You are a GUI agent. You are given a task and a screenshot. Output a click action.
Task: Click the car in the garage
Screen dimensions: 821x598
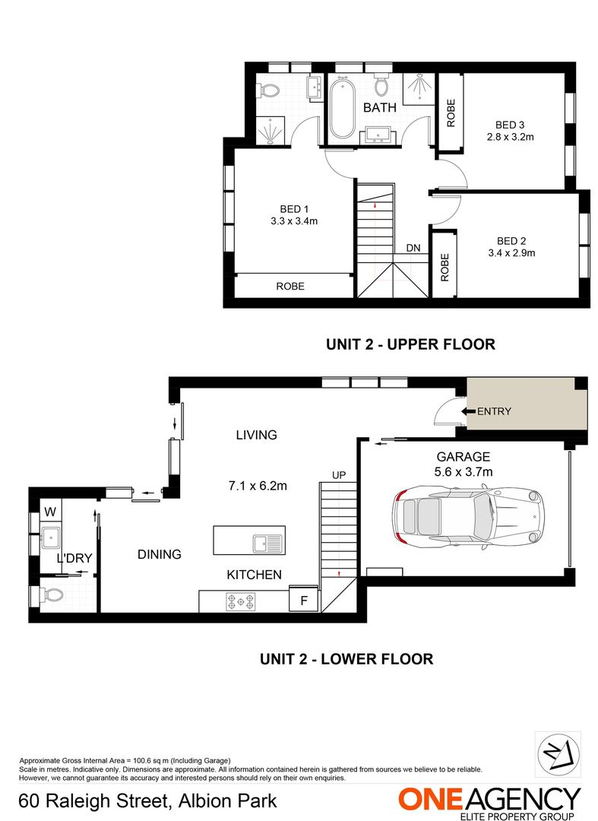469,516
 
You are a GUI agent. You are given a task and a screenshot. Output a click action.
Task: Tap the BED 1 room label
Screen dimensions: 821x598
294,209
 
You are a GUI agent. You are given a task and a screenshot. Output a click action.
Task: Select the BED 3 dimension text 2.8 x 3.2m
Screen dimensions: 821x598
510,138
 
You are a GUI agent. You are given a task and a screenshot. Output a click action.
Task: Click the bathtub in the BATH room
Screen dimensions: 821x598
341,108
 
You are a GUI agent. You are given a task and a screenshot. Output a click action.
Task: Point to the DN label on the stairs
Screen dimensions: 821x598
413,248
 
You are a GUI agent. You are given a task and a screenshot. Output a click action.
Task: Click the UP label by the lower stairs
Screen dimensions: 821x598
339,475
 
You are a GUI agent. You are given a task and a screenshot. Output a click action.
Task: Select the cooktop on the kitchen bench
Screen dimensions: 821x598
241,601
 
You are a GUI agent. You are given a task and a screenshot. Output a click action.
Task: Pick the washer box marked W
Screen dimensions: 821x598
50,510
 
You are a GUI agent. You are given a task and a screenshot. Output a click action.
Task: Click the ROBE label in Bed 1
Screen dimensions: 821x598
290,287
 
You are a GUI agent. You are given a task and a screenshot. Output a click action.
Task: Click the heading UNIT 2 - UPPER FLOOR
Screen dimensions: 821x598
410,344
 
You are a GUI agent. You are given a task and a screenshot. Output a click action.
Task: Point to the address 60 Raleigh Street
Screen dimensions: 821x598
147,800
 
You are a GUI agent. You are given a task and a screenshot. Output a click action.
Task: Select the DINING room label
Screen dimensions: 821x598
160,554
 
